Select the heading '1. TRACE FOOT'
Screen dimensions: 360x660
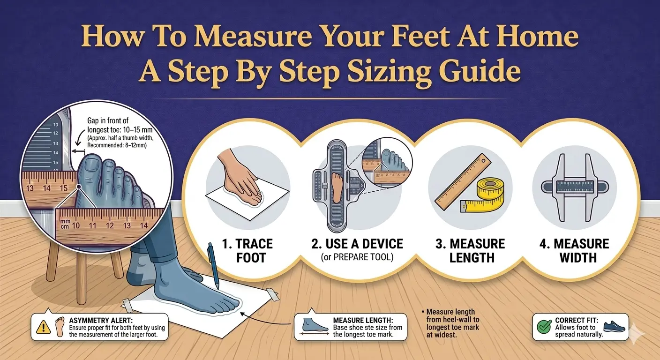(247, 250)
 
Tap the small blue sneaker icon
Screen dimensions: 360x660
(615, 326)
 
